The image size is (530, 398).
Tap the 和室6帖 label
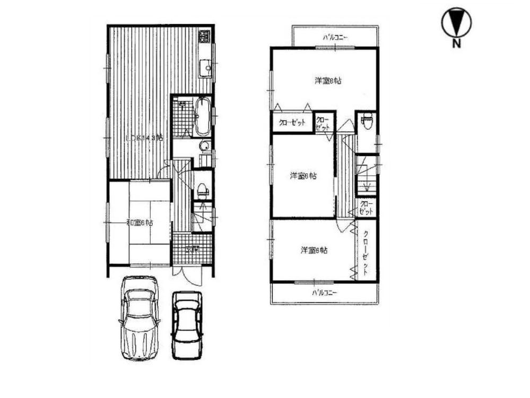140,223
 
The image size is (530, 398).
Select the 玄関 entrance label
192,249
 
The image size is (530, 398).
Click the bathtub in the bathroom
203,117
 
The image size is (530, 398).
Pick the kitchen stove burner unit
205,37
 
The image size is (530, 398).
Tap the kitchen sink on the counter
204,68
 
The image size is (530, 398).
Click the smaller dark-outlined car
187,324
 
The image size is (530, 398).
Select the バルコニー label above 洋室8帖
336,38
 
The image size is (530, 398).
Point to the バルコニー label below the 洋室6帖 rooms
325,292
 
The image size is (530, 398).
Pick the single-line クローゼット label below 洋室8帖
292,123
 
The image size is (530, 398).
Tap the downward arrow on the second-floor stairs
366,183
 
